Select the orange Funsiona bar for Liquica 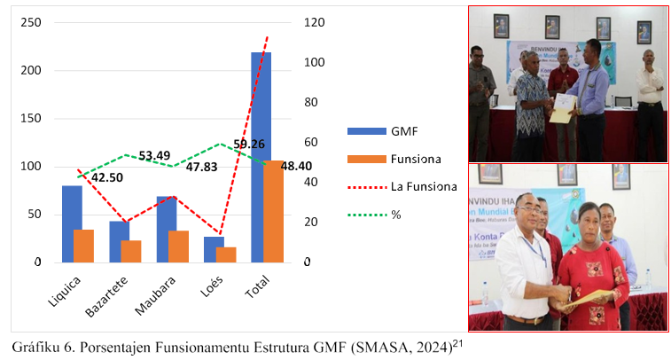click(x=84, y=246)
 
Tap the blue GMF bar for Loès click(x=214, y=249)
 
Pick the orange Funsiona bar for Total click(x=273, y=211)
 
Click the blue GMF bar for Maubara click(x=167, y=229)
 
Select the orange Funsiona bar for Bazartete click(x=131, y=251)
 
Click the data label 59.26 click(x=249, y=144)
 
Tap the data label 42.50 click(x=107, y=177)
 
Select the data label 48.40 click(x=297, y=166)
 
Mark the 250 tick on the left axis click(x=28, y=22)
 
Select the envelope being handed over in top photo click(x=561, y=112)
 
